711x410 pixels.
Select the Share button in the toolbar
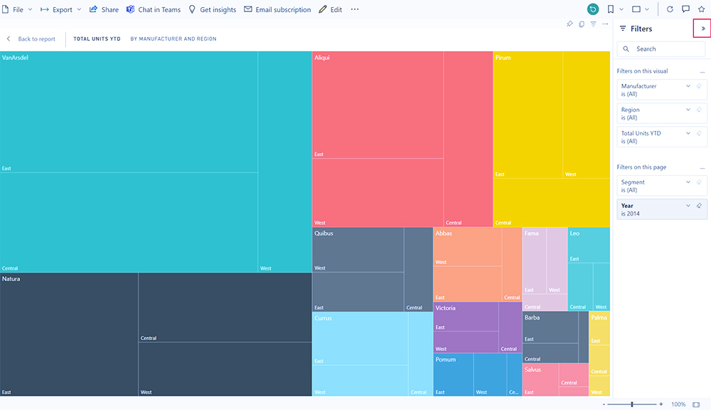[x=105, y=10]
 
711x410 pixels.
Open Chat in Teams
[x=154, y=10]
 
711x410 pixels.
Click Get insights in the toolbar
[x=212, y=10]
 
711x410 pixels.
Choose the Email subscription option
[x=277, y=10]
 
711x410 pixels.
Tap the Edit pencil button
[x=331, y=10]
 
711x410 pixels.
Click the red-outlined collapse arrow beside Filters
[x=702, y=28]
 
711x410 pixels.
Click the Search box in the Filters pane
[x=661, y=49]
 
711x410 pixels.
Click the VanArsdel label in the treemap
[x=15, y=58]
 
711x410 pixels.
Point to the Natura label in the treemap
[x=11, y=279]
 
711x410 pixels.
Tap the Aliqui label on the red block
[x=322, y=58]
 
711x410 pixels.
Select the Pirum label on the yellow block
[x=503, y=58]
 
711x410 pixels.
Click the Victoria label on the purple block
[x=446, y=308]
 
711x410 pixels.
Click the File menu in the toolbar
[x=18, y=10]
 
